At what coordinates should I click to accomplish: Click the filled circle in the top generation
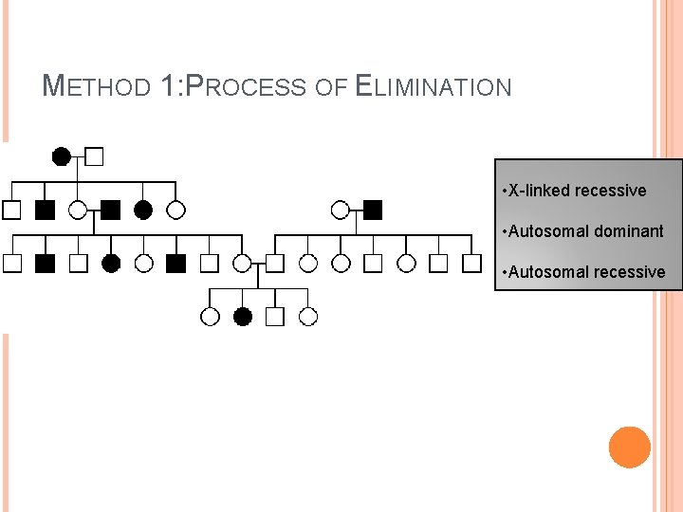pyautogui.click(x=61, y=156)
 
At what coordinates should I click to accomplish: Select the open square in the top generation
pyautogui.click(x=94, y=156)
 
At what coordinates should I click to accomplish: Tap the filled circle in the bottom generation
pyautogui.click(x=243, y=317)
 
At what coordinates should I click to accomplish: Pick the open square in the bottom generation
pyautogui.click(x=275, y=317)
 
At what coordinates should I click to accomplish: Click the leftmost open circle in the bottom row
pyautogui.click(x=211, y=317)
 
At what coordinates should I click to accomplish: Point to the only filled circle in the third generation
pyautogui.click(x=111, y=264)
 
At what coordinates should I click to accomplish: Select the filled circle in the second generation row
pyautogui.click(x=143, y=210)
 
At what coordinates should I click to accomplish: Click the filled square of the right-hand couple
pyautogui.click(x=373, y=210)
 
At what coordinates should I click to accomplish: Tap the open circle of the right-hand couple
pyautogui.click(x=341, y=210)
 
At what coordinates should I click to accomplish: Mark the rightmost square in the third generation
pyautogui.click(x=471, y=264)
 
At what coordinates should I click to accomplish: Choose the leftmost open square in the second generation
pyautogui.click(x=12, y=210)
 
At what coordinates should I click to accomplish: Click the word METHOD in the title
pyautogui.click(x=97, y=88)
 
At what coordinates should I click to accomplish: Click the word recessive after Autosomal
pyautogui.click(x=630, y=272)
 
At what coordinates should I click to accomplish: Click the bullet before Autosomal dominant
pyautogui.click(x=504, y=231)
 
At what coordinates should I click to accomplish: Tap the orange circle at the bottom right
pyautogui.click(x=629, y=448)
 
